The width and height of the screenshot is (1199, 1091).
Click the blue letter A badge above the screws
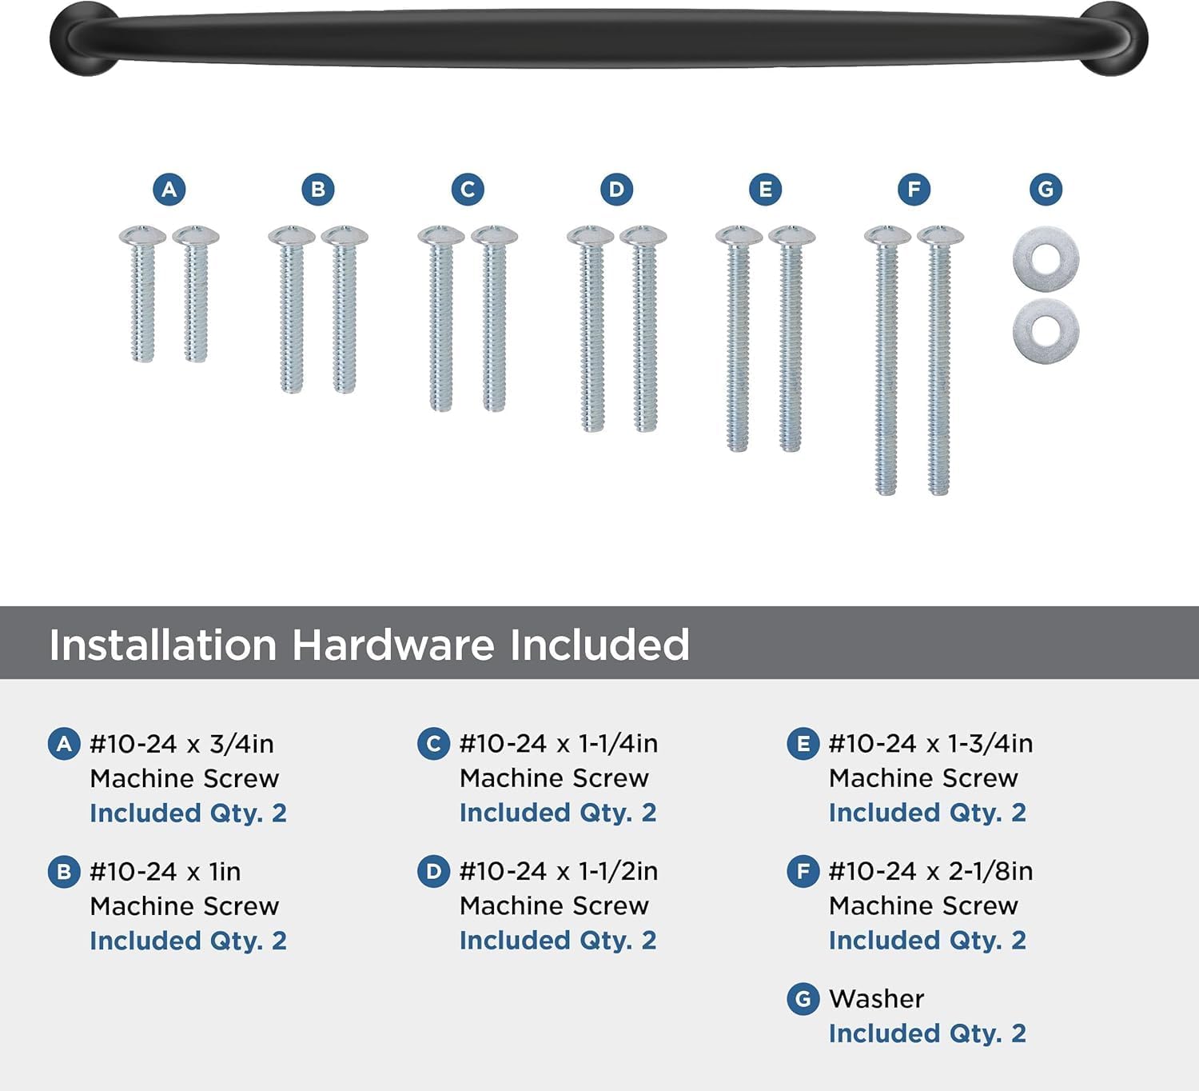169,190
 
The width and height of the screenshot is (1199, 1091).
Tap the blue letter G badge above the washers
1046,190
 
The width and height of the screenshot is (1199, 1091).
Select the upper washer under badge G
1046,259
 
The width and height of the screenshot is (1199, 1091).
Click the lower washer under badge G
1046,330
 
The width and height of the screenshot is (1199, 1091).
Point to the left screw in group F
886,361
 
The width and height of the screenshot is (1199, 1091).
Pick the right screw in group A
196,294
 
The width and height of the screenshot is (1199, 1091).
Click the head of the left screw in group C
441,235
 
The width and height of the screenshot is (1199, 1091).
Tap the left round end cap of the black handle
84,39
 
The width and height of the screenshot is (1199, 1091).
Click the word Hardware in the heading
392,645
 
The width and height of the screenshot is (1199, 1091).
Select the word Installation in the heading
162,645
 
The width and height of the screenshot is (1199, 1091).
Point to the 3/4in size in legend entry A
241,744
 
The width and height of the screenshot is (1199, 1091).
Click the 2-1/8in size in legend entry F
990,872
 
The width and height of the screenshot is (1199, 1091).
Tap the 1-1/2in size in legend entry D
618,872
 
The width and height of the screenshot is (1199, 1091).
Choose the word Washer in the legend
876,999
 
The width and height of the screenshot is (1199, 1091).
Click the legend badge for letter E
803,744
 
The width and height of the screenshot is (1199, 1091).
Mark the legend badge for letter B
64,872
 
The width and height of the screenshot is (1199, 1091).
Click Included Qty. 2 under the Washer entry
927,1033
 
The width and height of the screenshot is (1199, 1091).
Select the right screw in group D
643,329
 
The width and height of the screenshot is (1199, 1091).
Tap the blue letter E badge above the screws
765,190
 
